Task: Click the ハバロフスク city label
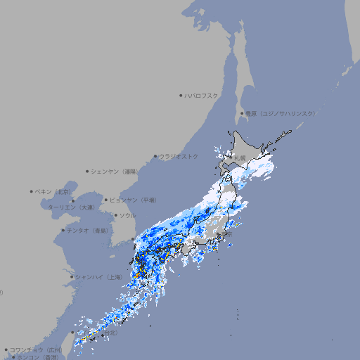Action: pos(201,95)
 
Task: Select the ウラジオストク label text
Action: pos(179,156)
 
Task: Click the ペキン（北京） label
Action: pos(54,191)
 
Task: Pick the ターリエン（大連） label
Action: pos(71,207)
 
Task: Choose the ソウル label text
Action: pos(127,215)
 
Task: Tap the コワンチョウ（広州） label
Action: pos(36,349)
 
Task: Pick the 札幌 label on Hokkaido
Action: pos(240,158)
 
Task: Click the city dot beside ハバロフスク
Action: pos(181,95)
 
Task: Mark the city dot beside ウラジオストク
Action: pos(155,156)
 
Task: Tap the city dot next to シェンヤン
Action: pos(87,171)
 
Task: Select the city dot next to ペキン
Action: pos(32,191)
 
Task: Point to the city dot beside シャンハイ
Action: pos(72,277)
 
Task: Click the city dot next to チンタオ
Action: pos(63,230)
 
